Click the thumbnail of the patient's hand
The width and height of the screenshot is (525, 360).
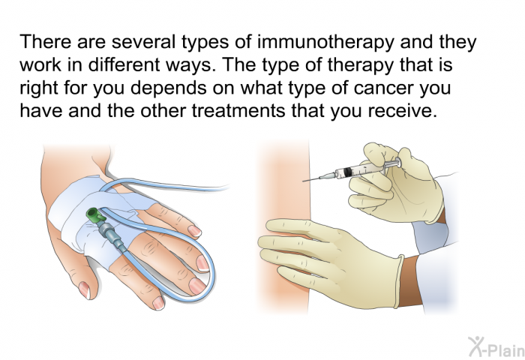(x=85, y=290)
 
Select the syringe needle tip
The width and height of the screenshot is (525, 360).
(x=303, y=181)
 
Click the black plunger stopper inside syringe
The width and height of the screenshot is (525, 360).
(x=348, y=172)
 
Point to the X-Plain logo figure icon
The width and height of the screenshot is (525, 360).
(x=475, y=346)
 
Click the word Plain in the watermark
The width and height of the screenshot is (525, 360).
(x=505, y=350)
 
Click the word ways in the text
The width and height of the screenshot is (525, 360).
(x=190, y=67)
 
